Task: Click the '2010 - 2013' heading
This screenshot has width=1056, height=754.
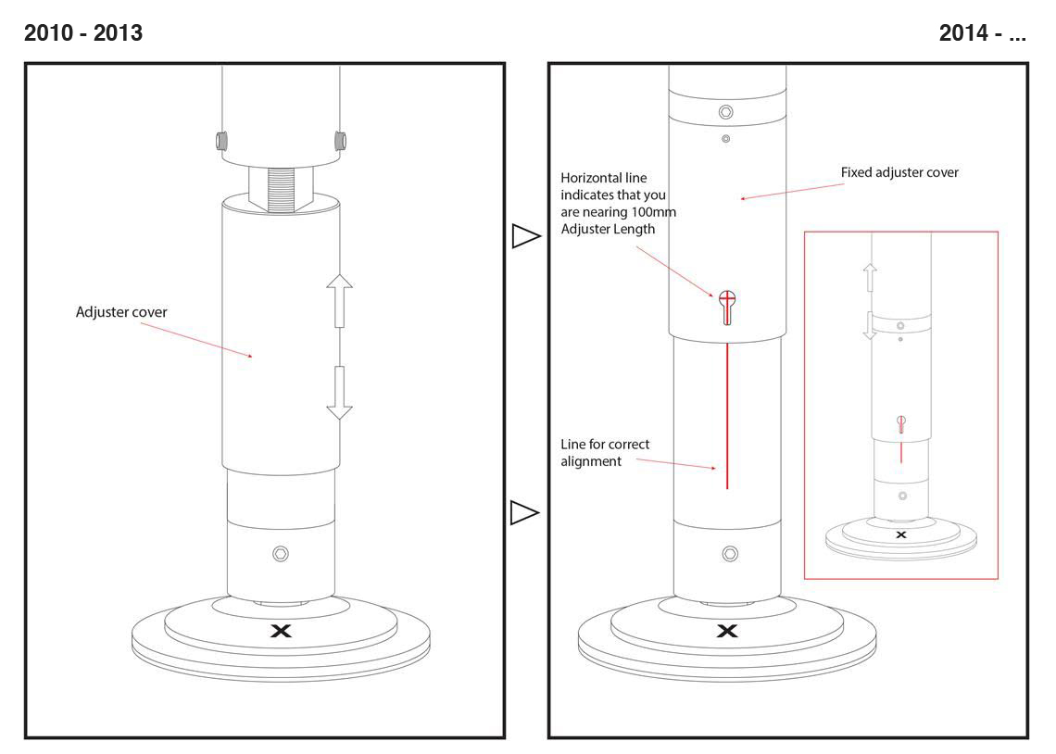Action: click(83, 33)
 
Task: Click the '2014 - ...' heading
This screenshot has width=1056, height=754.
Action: click(982, 33)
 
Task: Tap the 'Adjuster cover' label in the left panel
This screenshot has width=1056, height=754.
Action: click(121, 312)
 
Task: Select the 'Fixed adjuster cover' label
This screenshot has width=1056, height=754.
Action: click(899, 172)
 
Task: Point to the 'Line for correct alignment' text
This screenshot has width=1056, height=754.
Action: click(605, 453)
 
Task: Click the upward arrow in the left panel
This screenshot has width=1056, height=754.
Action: click(340, 300)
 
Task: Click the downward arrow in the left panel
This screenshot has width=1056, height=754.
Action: click(340, 393)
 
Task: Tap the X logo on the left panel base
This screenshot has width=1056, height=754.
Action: click(281, 631)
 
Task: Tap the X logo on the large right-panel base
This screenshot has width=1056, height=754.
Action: click(728, 631)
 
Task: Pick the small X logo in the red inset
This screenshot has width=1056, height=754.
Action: click(900, 534)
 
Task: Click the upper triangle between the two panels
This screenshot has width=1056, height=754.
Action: click(525, 236)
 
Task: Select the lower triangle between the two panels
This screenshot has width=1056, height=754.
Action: click(525, 512)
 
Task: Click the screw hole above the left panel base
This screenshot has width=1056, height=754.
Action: click(281, 554)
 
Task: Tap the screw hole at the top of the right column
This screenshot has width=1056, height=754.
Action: click(726, 112)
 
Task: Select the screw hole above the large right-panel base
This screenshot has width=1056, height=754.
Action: click(729, 554)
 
